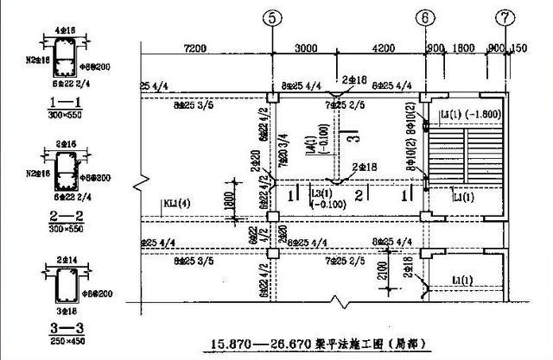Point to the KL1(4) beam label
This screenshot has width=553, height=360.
click(176, 205)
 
